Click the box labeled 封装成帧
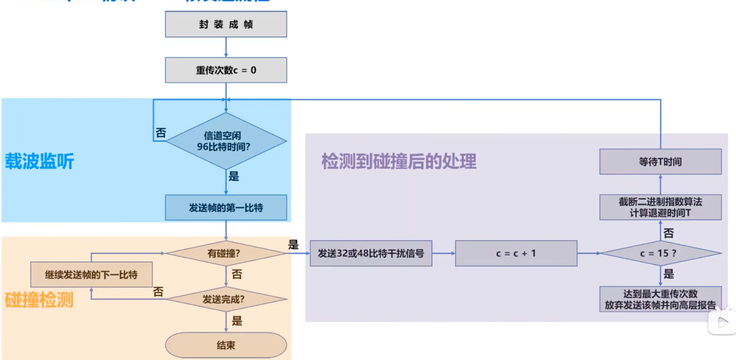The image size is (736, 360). [x=225, y=25]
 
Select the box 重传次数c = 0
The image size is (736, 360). [x=225, y=70]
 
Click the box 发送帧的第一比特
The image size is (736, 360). [x=225, y=208]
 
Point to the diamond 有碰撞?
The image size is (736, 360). [x=225, y=253]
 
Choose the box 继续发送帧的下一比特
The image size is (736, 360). [x=91, y=274]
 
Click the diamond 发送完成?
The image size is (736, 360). [x=225, y=299]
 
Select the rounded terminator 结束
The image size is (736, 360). [x=225, y=345]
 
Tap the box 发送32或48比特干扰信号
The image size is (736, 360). [x=371, y=253]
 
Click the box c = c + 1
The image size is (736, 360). [x=516, y=253]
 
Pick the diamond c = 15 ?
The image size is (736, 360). [x=660, y=253]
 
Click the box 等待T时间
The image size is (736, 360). [x=660, y=162]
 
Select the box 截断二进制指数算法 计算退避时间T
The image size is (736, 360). [x=660, y=207]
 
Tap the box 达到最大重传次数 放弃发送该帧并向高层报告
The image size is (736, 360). [x=660, y=299]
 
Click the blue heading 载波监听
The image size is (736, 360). [x=40, y=162]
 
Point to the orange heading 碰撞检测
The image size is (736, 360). [x=40, y=300]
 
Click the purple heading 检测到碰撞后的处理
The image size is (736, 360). [x=399, y=162]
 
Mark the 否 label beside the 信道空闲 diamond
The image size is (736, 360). [x=160, y=133]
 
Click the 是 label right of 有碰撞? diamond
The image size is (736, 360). [x=293, y=244]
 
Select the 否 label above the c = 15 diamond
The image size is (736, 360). [x=669, y=233]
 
